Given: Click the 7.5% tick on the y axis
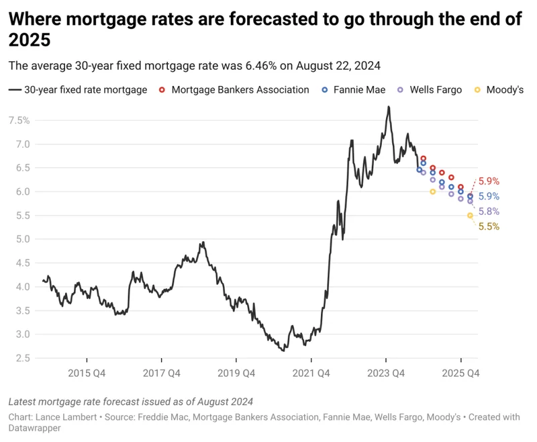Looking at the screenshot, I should (19, 120).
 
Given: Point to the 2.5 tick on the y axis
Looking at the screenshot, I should (21, 358).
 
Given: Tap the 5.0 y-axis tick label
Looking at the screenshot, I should (21, 239).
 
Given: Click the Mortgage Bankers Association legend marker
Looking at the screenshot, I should (162, 89).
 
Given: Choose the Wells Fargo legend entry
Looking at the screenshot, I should (436, 89).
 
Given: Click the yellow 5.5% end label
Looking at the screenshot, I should (489, 227).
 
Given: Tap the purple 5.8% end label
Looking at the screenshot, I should (489, 212).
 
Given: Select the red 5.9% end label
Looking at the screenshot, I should (489, 181).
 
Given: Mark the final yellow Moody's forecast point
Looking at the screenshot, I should (470, 215).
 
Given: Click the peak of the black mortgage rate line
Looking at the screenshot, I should (388, 107).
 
